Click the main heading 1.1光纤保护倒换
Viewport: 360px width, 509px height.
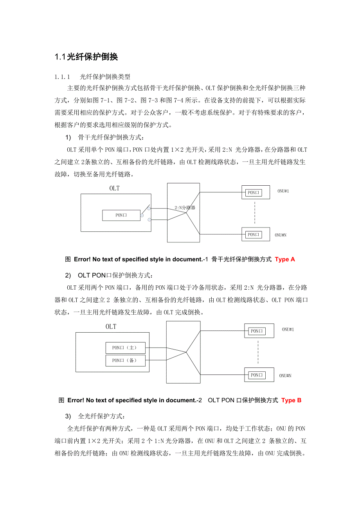point(86,57)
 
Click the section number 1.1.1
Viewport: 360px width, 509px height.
point(62,77)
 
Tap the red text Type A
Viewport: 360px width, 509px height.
point(285,259)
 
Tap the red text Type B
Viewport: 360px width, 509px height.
point(292,400)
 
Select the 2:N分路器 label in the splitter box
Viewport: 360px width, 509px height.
point(185,208)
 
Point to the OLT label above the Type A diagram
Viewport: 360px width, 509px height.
point(114,188)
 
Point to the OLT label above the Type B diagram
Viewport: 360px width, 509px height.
point(111,327)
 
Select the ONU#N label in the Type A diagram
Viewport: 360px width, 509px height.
point(281,235)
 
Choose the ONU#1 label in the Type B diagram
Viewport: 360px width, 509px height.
point(288,330)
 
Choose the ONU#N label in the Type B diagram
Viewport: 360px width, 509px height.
point(285,376)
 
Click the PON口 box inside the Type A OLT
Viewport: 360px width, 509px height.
point(121,215)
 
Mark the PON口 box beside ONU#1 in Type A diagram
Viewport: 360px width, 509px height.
point(254,192)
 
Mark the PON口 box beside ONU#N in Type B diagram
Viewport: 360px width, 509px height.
point(257,375)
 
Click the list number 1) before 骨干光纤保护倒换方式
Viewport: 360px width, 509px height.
point(68,137)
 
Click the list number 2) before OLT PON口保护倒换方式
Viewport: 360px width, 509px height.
point(68,276)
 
